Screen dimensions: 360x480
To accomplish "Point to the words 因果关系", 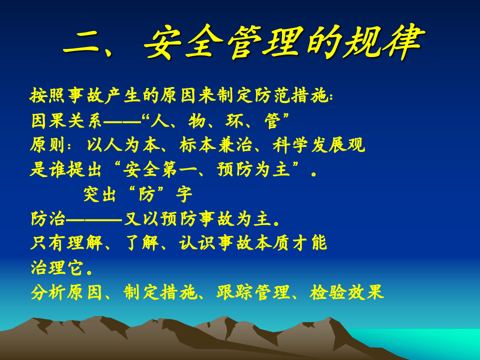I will (x=66, y=120).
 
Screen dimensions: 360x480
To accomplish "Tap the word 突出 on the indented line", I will (x=101, y=194).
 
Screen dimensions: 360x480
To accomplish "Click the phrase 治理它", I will (x=57, y=268).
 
